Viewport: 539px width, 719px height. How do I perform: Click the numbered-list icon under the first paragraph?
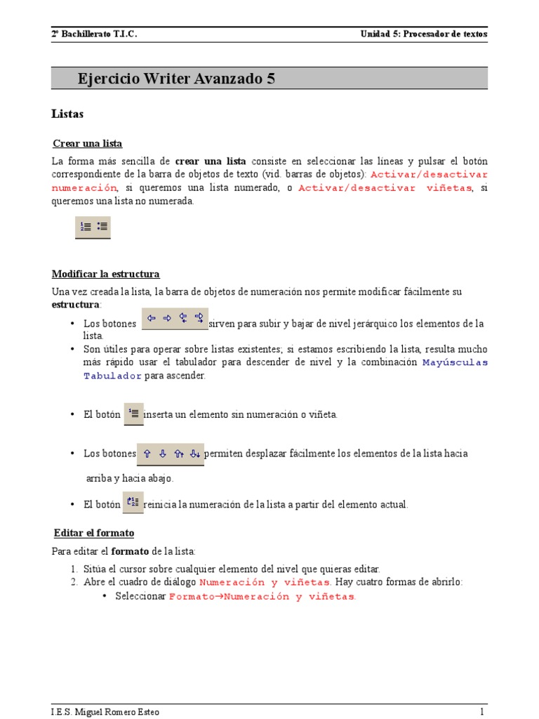pyautogui.click(x=85, y=227)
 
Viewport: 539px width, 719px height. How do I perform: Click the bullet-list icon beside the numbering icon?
pyautogui.click(x=102, y=227)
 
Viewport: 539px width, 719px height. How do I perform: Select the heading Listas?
pyautogui.click(x=67, y=113)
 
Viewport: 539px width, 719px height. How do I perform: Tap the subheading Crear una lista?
pyautogui.click(x=88, y=143)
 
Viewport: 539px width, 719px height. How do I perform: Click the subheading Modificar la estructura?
pyautogui.click(x=106, y=273)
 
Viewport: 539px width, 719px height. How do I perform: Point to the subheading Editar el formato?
pyautogui.click(x=94, y=532)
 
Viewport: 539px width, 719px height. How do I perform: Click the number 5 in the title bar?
pyautogui.click(x=271, y=79)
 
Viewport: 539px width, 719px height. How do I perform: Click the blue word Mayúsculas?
pyautogui.click(x=455, y=362)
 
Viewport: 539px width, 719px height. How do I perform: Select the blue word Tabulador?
pyautogui.click(x=112, y=376)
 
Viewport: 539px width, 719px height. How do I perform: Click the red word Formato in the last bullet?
pyautogui.click(x=190, y=596)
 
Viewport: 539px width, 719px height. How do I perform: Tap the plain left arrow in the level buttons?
pyautogui.click(x=151, y=318)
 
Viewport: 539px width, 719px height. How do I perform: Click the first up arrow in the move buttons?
pyautogui.click(x=147, y=454)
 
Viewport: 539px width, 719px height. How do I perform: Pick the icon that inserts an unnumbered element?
pyautogui.click(x=134, y=413)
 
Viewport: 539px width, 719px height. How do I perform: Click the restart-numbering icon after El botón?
pyautogui.click(x=133, y=502)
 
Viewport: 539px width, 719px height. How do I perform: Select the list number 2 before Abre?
pyautogui.click(x=73, y=582)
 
